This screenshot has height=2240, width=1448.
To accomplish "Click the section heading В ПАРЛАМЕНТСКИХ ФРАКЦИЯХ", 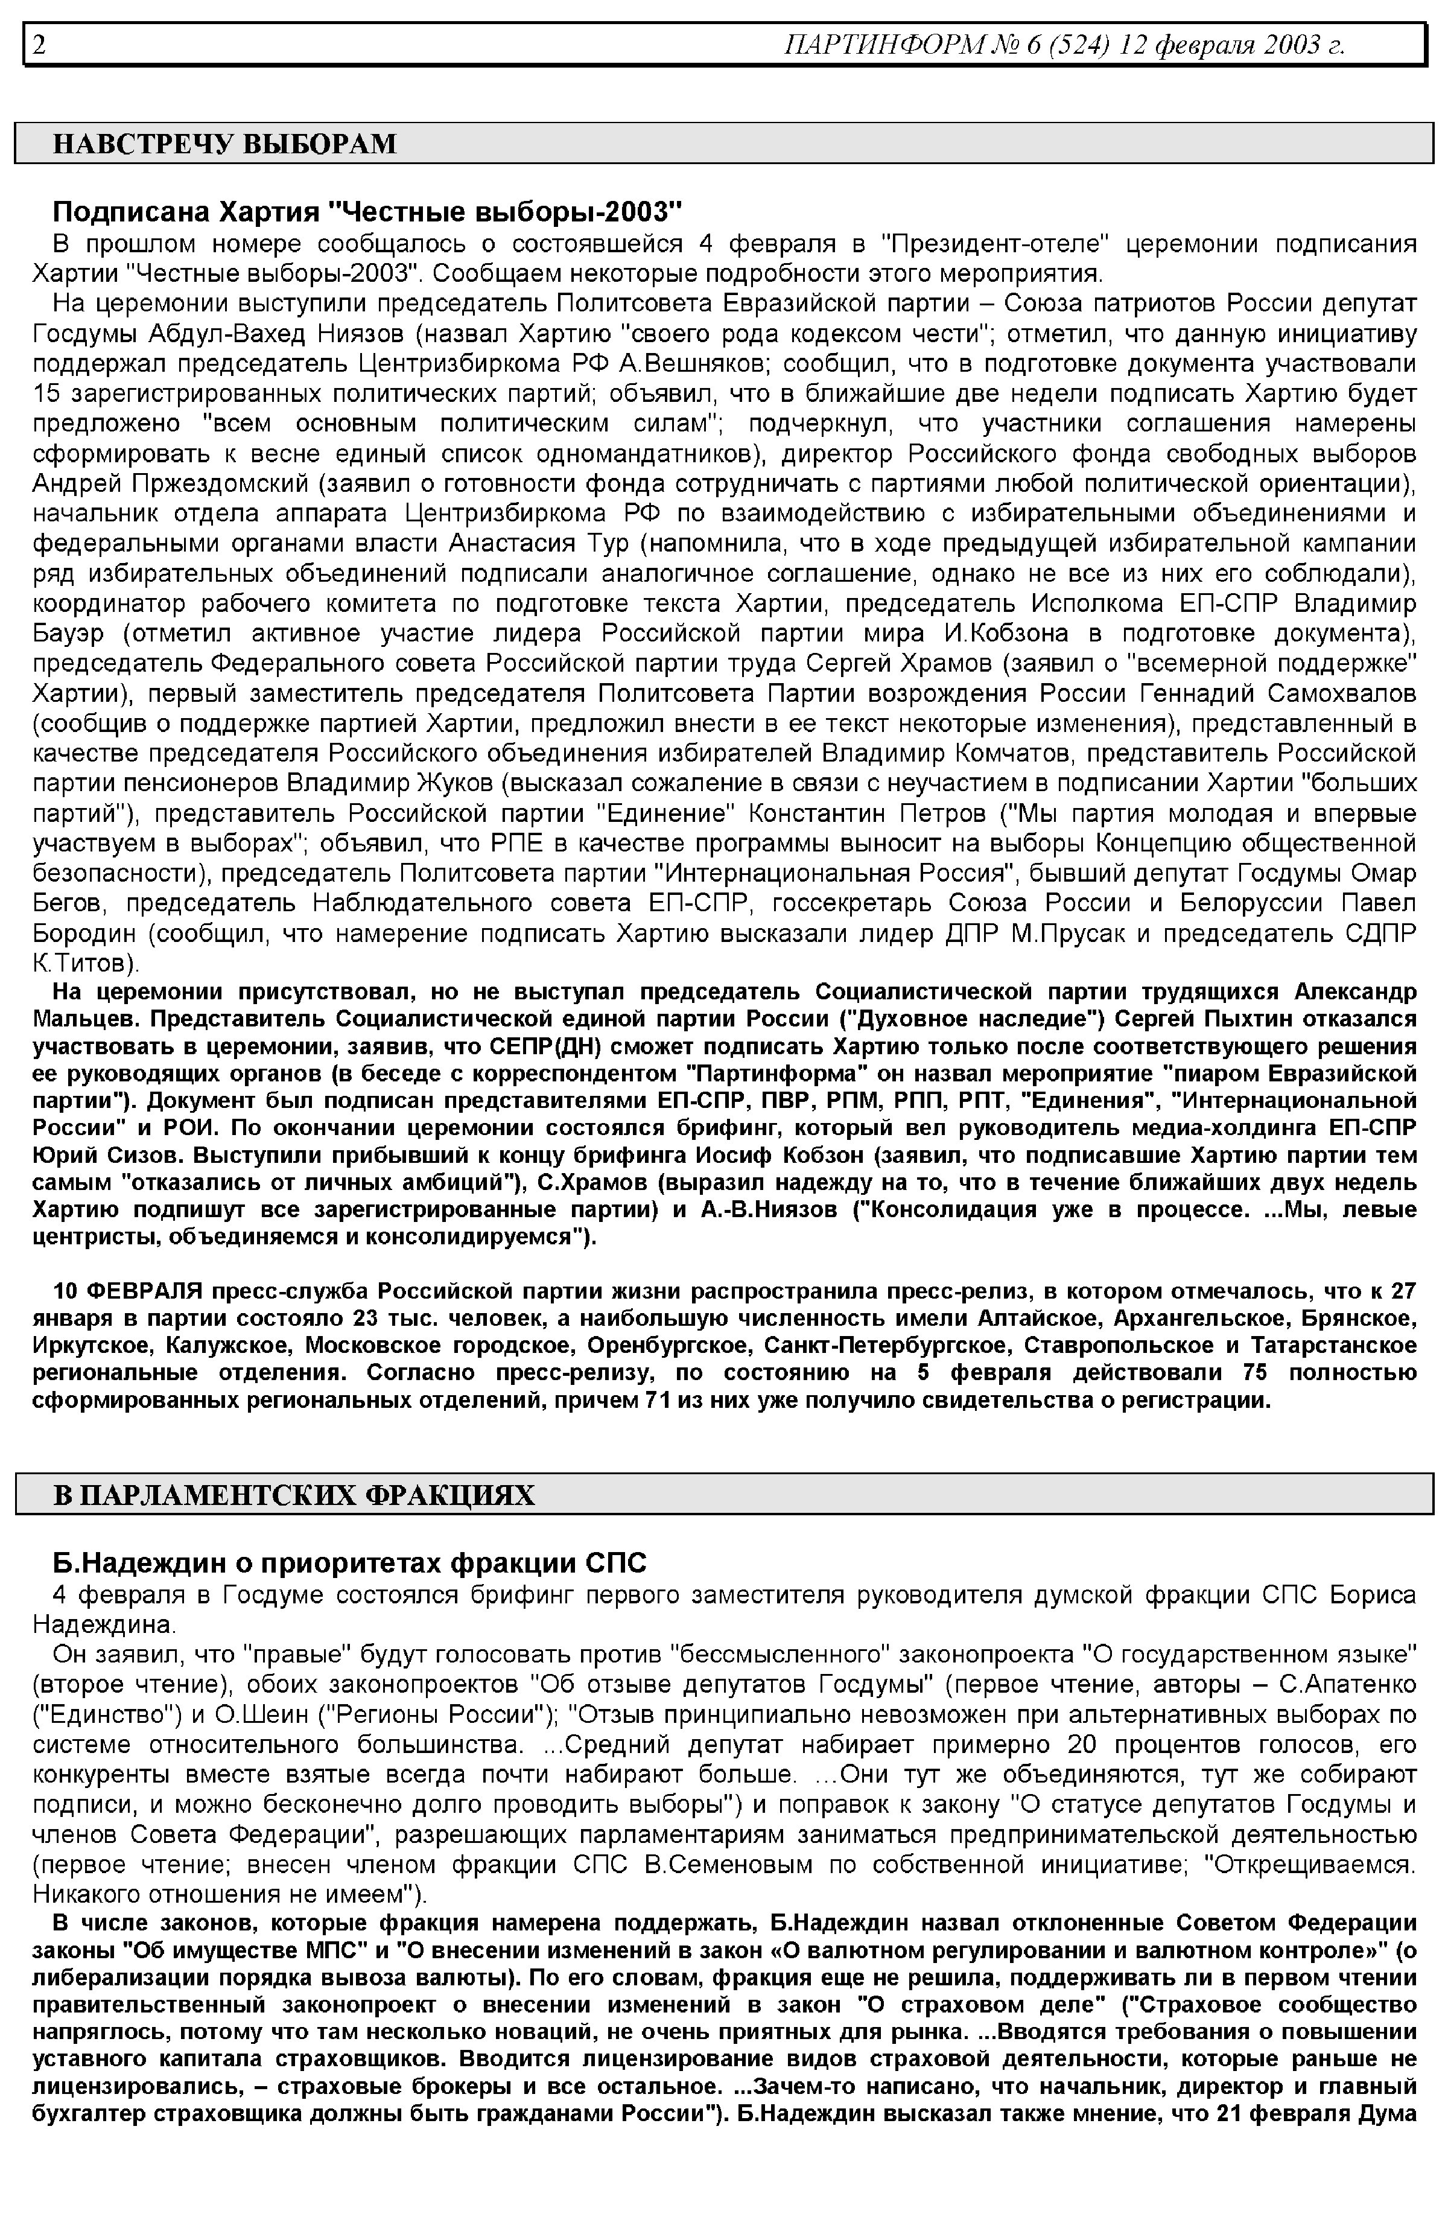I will pyautogui.click(x=293, y=1495).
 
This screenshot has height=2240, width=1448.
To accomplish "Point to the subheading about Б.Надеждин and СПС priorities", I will pyautogui.click(x=350, y=1563).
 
